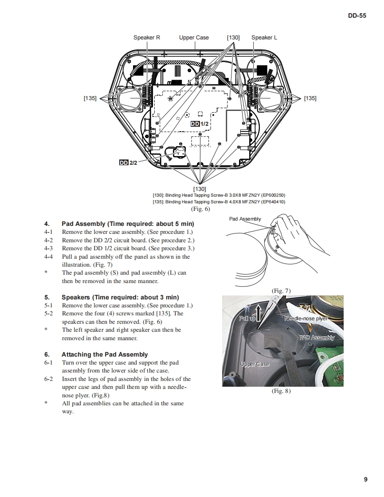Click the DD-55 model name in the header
[357, 16]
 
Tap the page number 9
[365, 479]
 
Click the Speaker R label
[147, 38]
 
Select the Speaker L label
[264, 38]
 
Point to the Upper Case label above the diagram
[194, 38]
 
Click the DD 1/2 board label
[200, 124]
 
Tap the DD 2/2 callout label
[129, 163]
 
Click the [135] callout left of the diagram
[90, 98]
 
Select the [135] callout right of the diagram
[310, 98]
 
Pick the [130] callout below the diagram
[200, 189]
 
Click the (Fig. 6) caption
[200, 209]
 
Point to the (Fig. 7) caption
[281, 291]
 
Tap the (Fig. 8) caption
[281, 391]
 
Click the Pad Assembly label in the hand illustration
[245, 219]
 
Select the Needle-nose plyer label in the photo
[306, 318]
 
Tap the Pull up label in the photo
[247, 318]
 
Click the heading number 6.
[47, 354]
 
